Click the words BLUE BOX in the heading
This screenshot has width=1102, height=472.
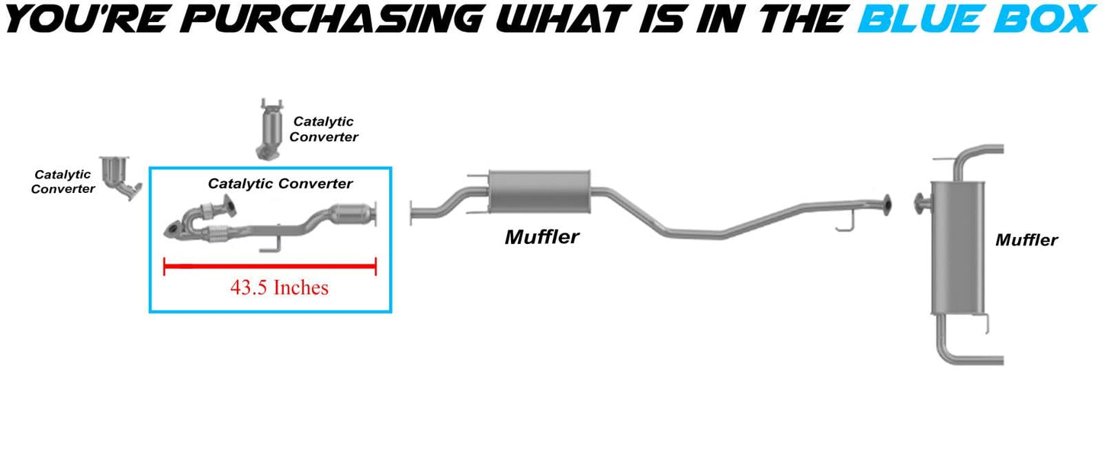[977, 19]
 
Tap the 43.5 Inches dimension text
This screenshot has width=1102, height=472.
[279, 287]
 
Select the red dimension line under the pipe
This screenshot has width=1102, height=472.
[270, 266]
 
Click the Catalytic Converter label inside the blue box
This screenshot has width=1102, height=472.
[280, 184]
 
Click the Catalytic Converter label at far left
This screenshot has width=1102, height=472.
[63, 181]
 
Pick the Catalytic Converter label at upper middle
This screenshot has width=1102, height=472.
[323, 129]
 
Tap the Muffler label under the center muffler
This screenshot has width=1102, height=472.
[541, 237]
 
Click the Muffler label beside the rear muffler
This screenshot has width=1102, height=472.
[1026, 240]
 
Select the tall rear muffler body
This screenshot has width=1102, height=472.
[957, 248]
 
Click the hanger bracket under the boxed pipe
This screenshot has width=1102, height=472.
[268, 245]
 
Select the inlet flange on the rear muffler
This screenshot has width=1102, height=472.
[919, 203]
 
